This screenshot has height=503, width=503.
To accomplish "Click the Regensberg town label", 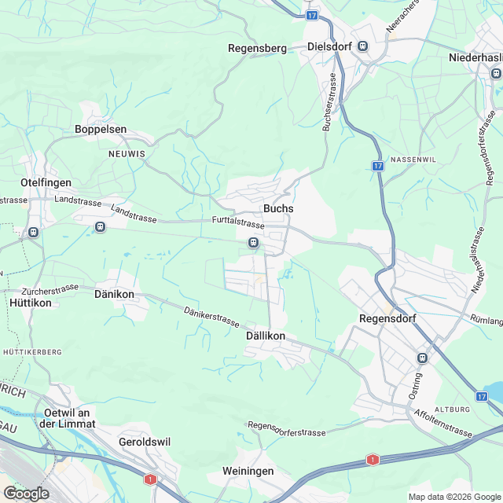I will point(257,48).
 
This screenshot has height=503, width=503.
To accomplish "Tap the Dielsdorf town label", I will point(329,46).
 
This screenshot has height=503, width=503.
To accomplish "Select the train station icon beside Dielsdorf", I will point(362,46).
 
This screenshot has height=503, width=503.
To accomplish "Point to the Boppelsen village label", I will point(101,129).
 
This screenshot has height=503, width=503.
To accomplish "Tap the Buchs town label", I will point(278,209).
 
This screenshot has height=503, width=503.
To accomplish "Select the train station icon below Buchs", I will point(254,243).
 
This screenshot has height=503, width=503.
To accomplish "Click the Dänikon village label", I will point(114,294).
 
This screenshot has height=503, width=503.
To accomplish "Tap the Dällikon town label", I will point(260,336).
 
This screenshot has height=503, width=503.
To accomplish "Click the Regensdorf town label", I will point(386,318).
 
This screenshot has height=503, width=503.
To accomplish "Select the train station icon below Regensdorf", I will point(423,358).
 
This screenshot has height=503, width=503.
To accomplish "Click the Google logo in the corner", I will point(26,493).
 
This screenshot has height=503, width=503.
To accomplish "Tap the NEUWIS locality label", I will point(127,154).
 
